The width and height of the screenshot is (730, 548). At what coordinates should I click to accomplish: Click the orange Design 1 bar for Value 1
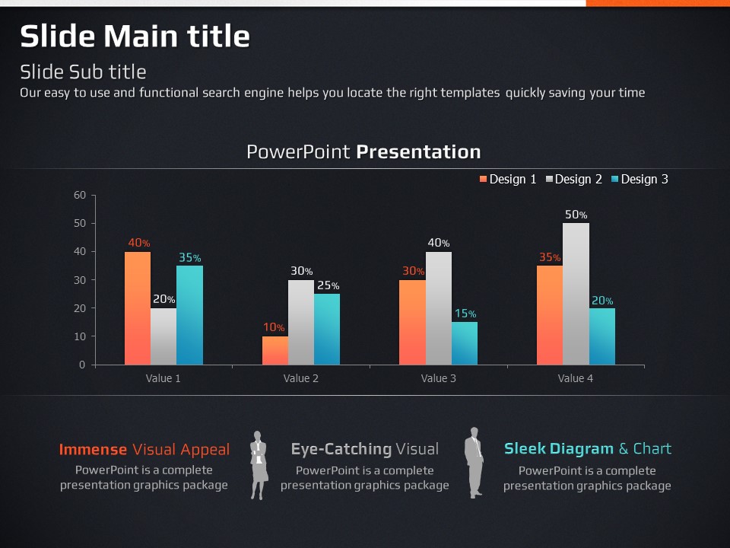(x=138, y=308)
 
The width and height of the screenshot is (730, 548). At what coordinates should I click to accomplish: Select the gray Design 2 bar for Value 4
(x=576, y=294)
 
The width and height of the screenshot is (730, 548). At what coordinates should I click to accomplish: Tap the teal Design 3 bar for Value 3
(x=465, y=343)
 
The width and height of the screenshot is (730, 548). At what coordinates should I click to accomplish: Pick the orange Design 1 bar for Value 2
(x=275, y=350)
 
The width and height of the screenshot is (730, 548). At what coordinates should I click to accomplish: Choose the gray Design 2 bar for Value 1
(x=163, y=336)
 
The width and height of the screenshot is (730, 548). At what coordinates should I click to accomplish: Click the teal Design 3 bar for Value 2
(x=327, y=329)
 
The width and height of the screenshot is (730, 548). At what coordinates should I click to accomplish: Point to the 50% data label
(x=576, y=215)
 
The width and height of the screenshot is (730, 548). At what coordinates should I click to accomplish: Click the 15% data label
(x=465, y=314)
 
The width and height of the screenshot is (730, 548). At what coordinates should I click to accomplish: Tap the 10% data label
(x=274, y=327)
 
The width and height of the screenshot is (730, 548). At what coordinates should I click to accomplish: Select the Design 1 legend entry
(x=507, y=180)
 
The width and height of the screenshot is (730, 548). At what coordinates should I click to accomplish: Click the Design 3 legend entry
(x=639, y=180)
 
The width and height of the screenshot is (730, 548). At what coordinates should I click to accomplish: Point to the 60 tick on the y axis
(x=80, y=195)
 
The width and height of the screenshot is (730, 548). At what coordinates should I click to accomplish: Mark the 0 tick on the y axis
(x=82, y=365)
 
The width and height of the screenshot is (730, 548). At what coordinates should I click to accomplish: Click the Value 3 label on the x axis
(x=439, y=378)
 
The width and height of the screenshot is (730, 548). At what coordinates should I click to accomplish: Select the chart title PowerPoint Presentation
(x=363, y=151)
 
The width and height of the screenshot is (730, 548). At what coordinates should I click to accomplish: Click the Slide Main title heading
(x=135, y=36)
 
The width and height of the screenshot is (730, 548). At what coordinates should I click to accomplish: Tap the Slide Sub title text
(x=83, y=72)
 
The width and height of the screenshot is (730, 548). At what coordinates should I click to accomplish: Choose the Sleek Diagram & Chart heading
(x=587, y=448)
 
